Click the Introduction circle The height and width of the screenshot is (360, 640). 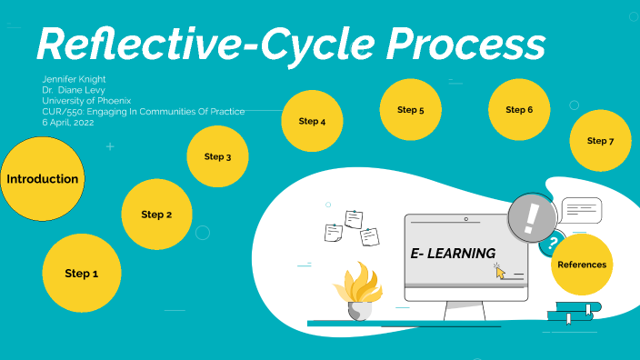[42, 179]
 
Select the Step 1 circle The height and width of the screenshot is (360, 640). [81, 273]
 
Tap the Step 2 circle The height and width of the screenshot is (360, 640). [156, 215]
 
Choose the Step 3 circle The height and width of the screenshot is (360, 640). [217, 156]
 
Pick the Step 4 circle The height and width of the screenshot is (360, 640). [312, 121]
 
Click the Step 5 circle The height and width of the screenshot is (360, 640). [410, 110]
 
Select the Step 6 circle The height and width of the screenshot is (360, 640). [518, 110]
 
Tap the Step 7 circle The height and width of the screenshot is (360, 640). [600, 141]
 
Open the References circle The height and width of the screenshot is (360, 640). [582, 265]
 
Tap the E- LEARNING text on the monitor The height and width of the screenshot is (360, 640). [452, 253]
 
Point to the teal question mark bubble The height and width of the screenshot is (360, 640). [550, 243]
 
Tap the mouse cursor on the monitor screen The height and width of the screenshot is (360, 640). [499, 270]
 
